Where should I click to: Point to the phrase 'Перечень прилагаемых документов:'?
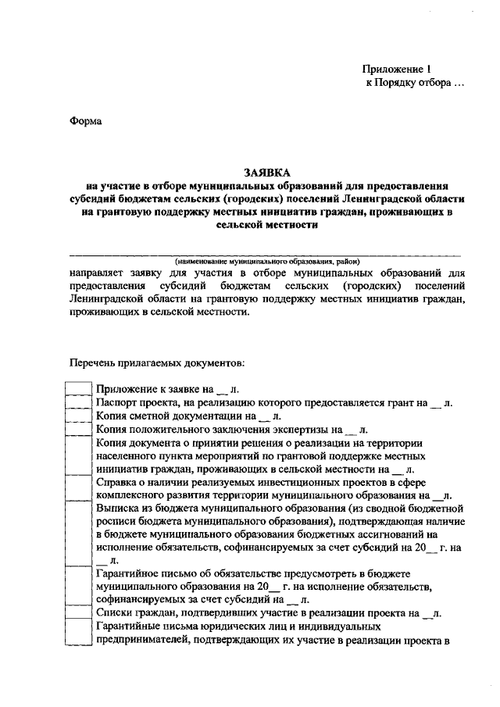(x=156, y=363)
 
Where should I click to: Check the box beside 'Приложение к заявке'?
(x=78, y=388)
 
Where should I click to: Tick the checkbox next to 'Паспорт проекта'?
(x=78, y=402)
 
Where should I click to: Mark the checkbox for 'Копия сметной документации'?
(x=78, y=416)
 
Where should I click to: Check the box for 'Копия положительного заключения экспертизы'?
(x=78, y=430)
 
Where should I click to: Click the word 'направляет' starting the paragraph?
(x=97, y=273)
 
